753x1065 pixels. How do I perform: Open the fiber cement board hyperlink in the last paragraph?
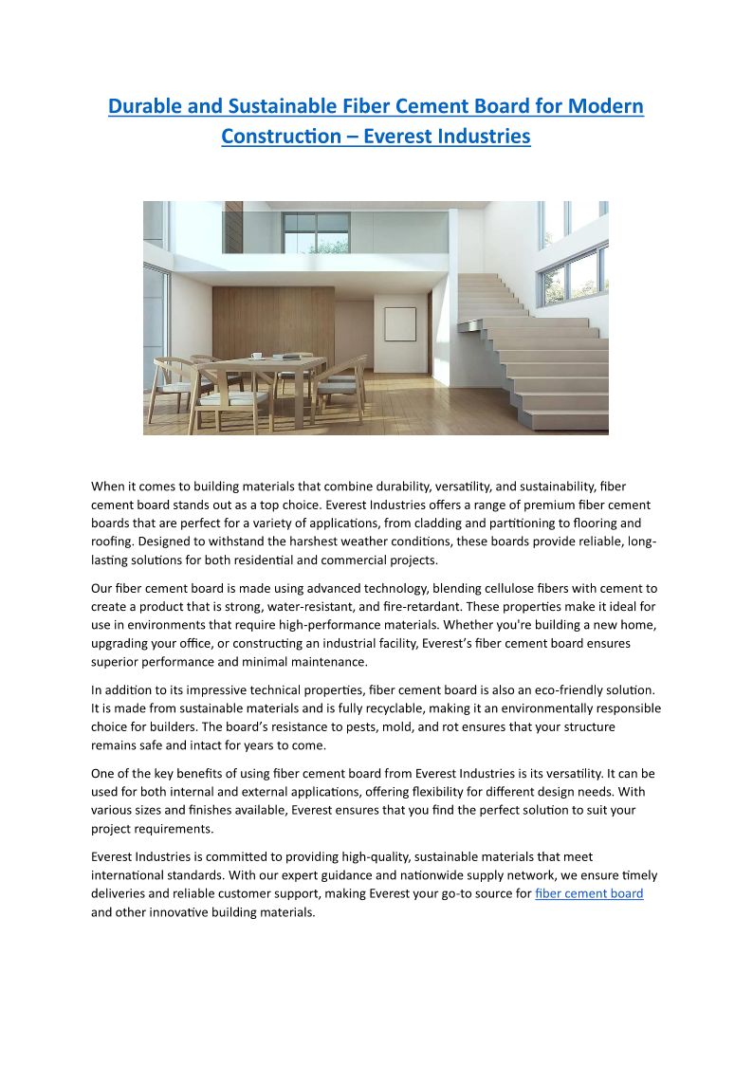pos(589,893)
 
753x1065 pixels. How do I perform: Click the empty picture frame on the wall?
pos(399,324)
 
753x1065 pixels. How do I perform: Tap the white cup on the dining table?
pos(256,357)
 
